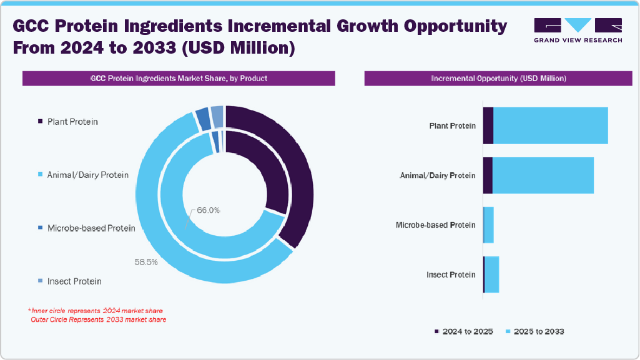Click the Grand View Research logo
578,30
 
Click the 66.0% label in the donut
209,210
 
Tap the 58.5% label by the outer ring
146,262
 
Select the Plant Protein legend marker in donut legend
41,121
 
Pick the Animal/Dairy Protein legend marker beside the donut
41,175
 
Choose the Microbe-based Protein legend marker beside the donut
41,228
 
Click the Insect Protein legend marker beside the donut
41,281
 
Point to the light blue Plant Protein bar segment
550,125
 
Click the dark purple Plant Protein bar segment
488,125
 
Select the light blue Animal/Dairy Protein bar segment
543,175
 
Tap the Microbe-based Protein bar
489,225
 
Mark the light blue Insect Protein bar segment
492,275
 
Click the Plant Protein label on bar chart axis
452,126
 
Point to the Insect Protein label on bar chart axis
451,275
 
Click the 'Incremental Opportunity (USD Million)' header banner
498,79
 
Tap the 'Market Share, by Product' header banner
179,79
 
